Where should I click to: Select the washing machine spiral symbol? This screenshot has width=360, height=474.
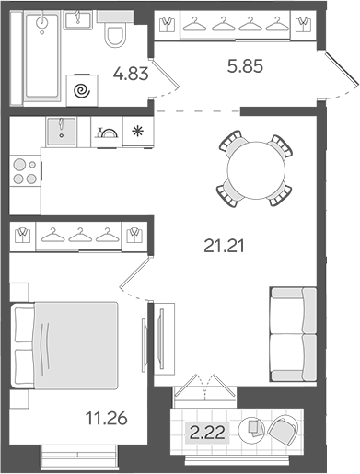click(x=82, y=90)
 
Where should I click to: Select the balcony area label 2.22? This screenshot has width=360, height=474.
click(x=205, y=432)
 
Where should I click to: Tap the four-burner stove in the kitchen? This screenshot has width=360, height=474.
click(x=24, y=171)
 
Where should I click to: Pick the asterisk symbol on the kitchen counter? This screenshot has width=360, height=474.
click(x=138, y=131)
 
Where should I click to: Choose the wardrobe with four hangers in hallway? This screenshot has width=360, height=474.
click(x=231, y=25)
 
